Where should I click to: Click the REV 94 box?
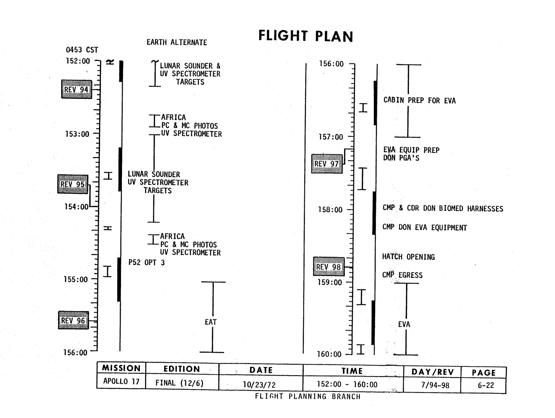(76, 89)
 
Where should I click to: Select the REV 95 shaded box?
(73, 184)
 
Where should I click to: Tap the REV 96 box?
(73, 320)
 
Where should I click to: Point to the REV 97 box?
(327, 164)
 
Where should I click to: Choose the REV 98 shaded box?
(329, 267)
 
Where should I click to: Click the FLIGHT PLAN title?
(306, 36)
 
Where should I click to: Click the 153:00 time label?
(77, 134)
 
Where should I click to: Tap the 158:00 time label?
(330, 210)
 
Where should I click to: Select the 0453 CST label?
(82, 50)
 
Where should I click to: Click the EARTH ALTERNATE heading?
(177, 43)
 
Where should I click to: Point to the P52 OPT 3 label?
(146, 263)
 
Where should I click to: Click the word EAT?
(211, 322)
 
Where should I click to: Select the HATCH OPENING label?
(408, 257)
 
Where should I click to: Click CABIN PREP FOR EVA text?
(420, 101)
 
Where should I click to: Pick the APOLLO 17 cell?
(121, 382)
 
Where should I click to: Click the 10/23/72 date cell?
(259, 385)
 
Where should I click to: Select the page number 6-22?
(486, 385)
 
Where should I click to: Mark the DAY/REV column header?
(432, 372)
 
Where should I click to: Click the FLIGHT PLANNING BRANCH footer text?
(308, 396)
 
